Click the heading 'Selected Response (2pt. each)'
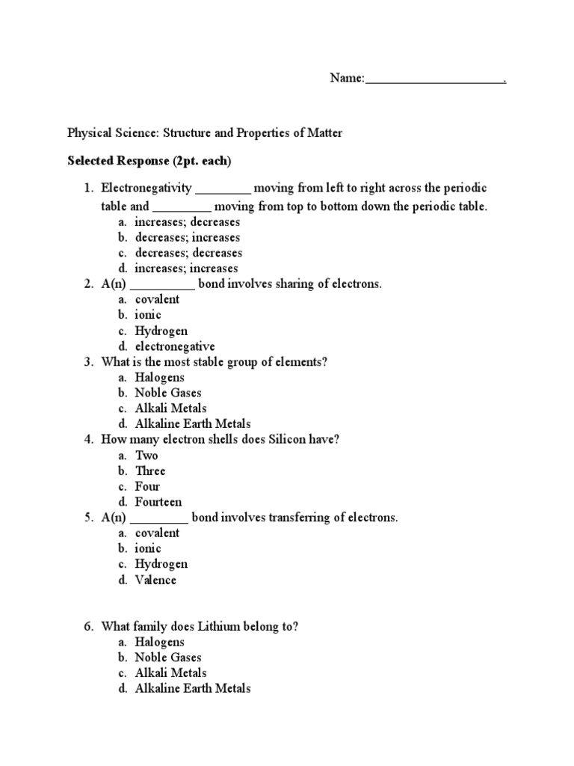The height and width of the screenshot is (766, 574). (x=149, y=160)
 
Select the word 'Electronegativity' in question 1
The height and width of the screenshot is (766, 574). (x=146, y=188)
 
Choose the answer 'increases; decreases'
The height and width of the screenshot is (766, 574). (x=187, y=222)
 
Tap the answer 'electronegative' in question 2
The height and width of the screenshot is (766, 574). (x=174, y=346)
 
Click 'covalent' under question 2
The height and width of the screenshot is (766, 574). (x=157, y=299)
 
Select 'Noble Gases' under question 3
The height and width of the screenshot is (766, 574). (x=168, y=393)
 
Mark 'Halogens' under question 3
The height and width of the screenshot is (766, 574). (x=159, y=378)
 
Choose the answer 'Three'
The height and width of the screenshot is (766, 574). (x=150, y=471)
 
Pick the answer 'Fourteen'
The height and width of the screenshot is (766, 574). (x=158, y=502)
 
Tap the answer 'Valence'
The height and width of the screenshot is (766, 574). (x=155, y=580)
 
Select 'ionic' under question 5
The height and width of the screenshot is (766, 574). (x=148, y=548)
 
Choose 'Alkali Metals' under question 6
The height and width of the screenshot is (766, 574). (x=170, y=673)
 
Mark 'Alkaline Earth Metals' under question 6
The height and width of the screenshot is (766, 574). (x=192, y=689)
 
